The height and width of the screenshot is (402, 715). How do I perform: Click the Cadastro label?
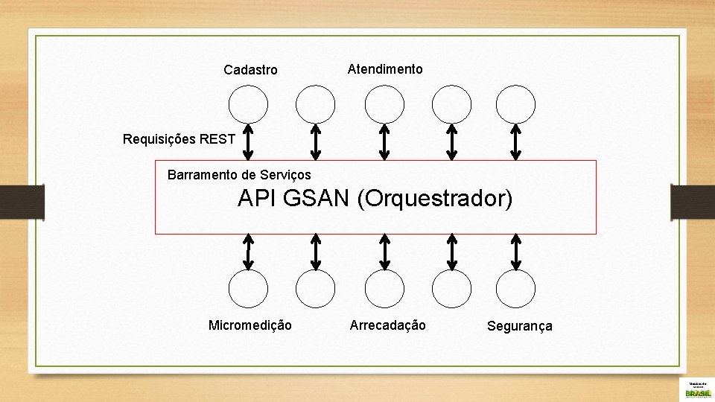point(250,70)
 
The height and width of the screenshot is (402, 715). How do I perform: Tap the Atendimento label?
point(385,69)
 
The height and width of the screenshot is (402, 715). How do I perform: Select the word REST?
point(217,138)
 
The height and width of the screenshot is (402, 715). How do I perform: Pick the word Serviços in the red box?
point(287,175)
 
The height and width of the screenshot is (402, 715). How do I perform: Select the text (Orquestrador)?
point(435,199)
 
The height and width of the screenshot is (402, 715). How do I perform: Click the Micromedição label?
point(250,325)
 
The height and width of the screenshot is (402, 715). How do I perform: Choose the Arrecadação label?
point(388,325)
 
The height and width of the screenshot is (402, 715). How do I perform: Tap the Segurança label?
point(520,326)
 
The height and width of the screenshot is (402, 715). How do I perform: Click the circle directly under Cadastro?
point(248,104)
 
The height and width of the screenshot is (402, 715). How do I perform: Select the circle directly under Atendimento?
point(384,104)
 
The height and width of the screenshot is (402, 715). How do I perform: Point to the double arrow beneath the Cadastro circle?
point(249,141)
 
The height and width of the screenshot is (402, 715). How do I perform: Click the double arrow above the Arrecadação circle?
point(384,251)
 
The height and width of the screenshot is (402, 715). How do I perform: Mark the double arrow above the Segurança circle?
point(516,251)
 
